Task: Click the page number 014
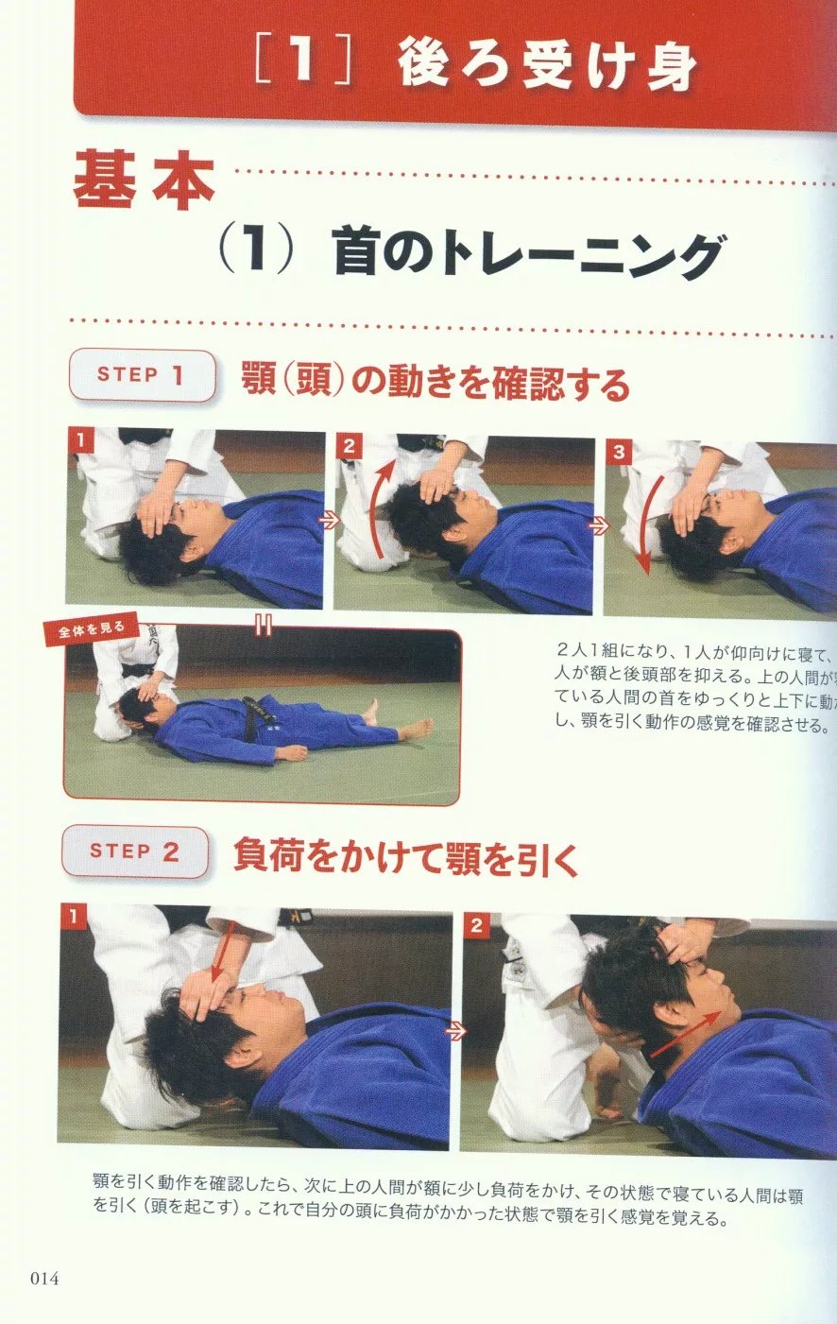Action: (44, 1279)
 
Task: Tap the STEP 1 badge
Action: (142, 375)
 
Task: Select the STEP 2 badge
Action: (135, 851)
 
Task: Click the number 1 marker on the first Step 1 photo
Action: (81, 440)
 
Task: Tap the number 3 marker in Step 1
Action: (619, 452)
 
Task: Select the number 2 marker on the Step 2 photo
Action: (476, 925)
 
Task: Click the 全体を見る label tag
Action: (91, 630)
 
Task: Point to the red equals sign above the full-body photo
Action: (264, 625)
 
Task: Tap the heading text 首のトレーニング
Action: (528, 256)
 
